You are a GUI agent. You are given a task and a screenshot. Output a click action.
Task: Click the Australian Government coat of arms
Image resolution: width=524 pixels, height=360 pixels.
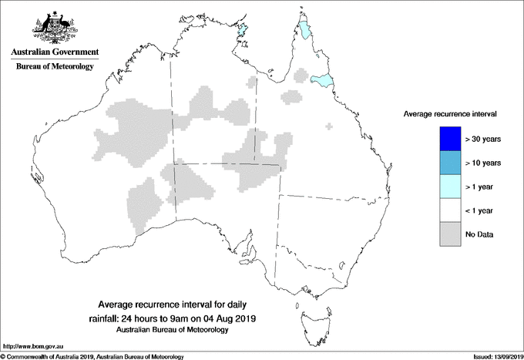[54, 27]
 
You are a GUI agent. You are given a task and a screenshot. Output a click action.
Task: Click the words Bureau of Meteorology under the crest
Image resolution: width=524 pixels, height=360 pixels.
[54, 67]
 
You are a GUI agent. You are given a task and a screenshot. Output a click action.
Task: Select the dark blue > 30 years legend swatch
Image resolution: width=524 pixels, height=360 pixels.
[446, 139]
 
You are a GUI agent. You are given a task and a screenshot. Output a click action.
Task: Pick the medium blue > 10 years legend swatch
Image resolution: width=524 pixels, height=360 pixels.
[446, 163]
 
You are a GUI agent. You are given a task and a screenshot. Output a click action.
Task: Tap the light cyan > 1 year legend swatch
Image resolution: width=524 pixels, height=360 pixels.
[446, 187]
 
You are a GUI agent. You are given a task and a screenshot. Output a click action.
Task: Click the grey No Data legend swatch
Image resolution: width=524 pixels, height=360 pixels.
[446, 234]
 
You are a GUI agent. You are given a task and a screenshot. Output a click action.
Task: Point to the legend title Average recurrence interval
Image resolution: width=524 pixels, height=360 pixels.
[450, 114]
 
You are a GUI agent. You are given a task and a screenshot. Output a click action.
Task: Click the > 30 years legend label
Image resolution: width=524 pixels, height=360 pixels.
[484, 140]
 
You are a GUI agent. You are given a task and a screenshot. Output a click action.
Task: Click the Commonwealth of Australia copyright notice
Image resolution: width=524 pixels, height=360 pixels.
[92, 356]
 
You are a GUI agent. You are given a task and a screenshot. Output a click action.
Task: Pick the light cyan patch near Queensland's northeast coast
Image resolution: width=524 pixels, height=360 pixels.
[321, 79]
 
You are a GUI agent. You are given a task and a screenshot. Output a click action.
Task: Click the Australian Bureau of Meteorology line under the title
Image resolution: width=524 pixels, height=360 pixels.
[179, 329]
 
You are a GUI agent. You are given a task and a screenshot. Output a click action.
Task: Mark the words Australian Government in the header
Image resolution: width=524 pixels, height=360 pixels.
[54, 52]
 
